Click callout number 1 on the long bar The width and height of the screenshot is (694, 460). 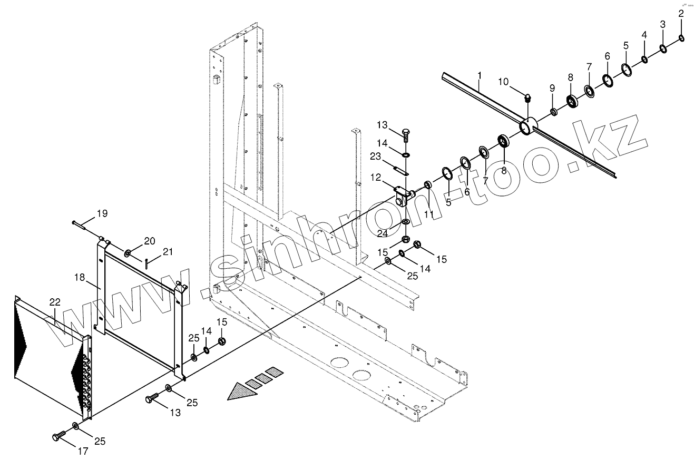pyautogui.click(x=479, y=76)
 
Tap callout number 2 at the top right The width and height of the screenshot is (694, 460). pyautogui.click(x=681, y=14)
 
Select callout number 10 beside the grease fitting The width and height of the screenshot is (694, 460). pyautogui.click(x=503, y=82)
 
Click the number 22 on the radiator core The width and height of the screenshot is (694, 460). pyautogui.click(x=55, y=302)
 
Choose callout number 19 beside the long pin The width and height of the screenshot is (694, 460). pyautogui.click(x=102, y=213)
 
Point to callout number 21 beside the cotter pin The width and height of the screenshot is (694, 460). pyautogui.click(x=167, y=252)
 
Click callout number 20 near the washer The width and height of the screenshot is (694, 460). pyautogui.click(x=150, y=241)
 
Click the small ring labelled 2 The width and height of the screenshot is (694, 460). pyautogui.click(x=681, y=37)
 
